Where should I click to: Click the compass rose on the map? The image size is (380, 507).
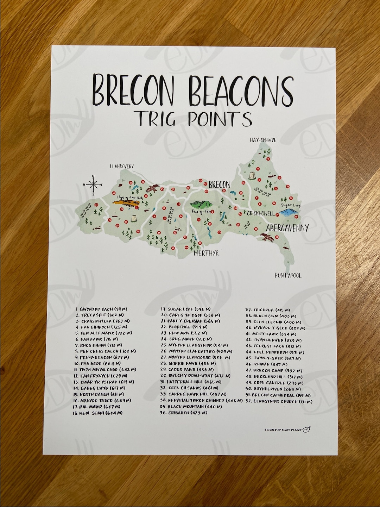93,184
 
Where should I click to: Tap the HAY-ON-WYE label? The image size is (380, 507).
263,140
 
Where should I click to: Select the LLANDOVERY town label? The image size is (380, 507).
122,166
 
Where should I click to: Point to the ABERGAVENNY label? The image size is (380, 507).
287,228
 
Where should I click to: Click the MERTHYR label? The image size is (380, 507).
206,253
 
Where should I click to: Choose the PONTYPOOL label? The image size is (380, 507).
288,275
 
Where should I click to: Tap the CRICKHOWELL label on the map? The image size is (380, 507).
261,213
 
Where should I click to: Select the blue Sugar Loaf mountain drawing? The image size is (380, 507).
287,212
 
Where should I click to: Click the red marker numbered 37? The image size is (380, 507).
96,204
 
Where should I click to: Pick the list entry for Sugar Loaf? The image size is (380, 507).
186,309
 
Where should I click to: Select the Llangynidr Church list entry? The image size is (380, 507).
279,401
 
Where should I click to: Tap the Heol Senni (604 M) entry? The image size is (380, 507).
98,413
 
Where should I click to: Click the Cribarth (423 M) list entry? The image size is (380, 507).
184,413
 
